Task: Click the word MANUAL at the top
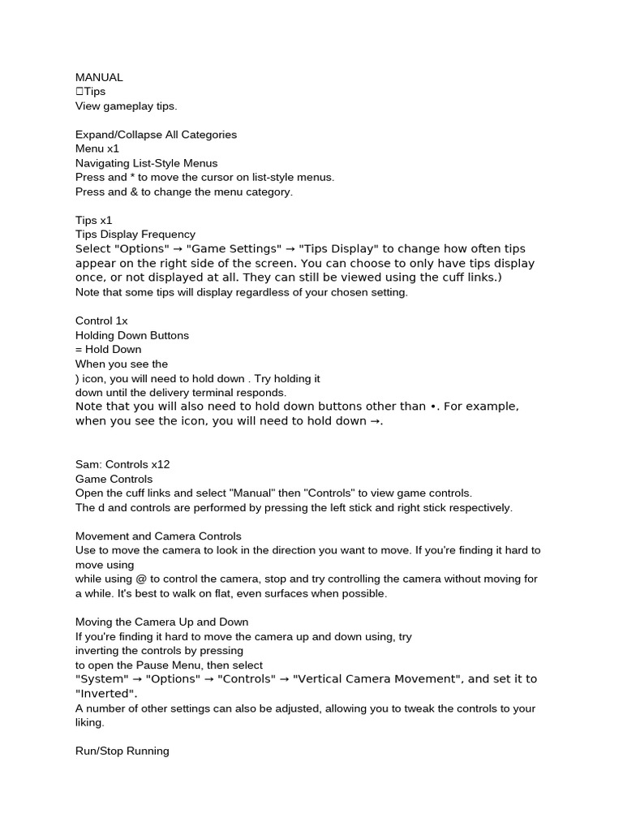coord(99,77)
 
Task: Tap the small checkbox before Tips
coord(79,92)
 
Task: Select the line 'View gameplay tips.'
coord(126,106)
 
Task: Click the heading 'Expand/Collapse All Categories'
coord(156,135)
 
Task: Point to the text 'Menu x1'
coord(97,149)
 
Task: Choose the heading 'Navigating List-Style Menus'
coord(146,163)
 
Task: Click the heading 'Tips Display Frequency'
coord(135,235)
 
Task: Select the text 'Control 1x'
coord(101,321)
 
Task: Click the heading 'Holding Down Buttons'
coord(132,335)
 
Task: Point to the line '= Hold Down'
coord(108,350)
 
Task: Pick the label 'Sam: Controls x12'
coord(122,464)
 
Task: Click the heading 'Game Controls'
coord(114,479)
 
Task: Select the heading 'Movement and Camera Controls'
coord(158,536)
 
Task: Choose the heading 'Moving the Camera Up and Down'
coord(161,622)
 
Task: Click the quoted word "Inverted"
coord(105,694)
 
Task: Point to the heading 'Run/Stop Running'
coord(122,751)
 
